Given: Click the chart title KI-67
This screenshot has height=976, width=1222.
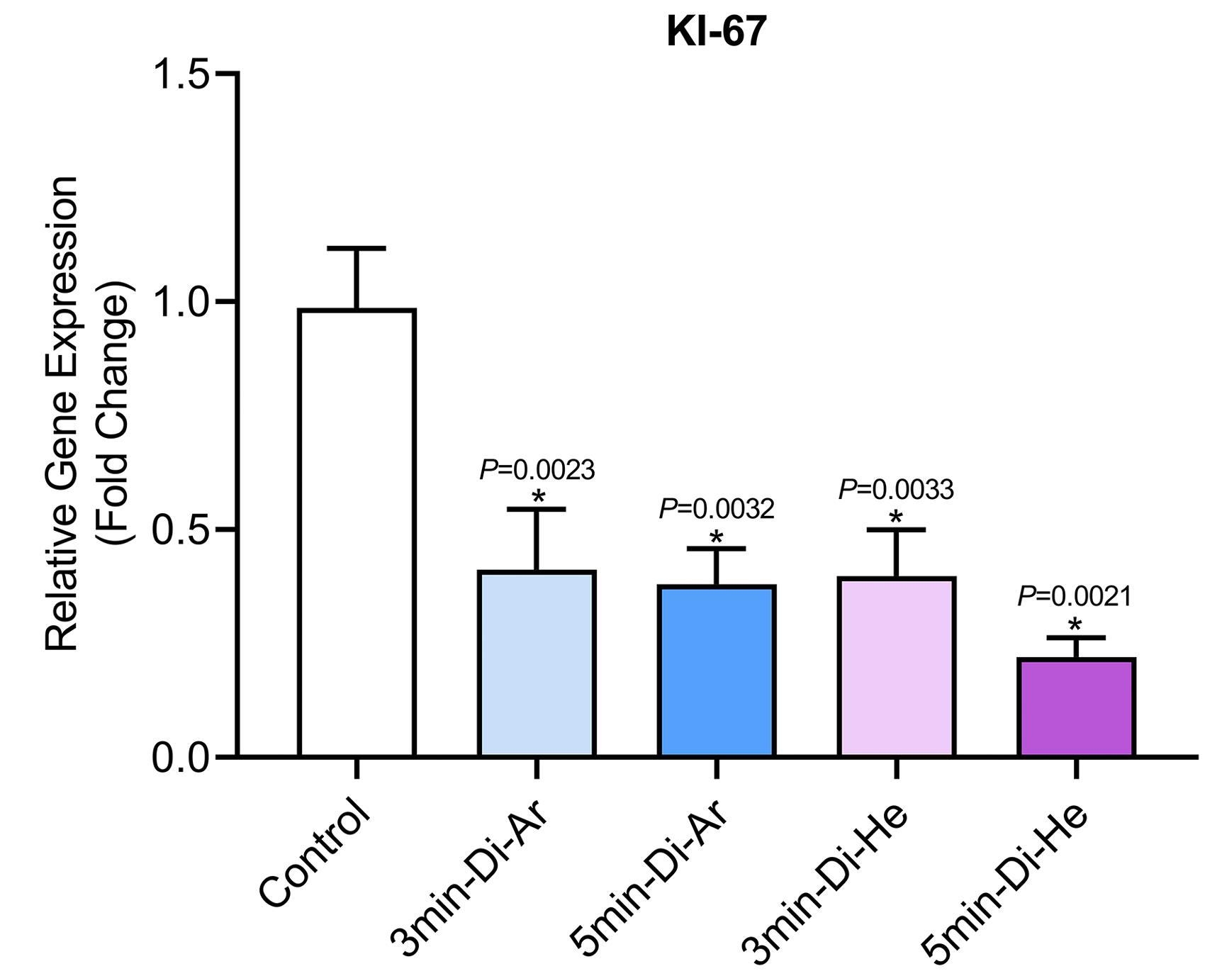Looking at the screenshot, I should click(x=716, y=31).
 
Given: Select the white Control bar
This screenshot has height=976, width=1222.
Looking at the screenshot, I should click(x=357, y=532).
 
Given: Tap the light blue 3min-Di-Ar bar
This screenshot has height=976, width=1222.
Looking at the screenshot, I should click(x=537, y=663).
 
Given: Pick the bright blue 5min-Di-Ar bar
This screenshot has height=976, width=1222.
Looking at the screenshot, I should click(x=717, y=670).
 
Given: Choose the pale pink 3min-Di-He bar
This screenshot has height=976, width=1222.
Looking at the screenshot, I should click(x=897, y=666).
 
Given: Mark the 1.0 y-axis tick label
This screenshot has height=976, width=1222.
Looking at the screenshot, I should click(x=181, y=302).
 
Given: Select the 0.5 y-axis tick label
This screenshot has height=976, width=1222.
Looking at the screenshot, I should click(x=181, y=530).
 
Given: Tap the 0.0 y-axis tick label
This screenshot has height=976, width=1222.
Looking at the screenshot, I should click(x=181, y=758).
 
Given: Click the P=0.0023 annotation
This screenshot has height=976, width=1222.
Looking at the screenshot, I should click(x=537, y=469).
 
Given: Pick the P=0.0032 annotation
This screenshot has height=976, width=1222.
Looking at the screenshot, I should click(x=717, y=508).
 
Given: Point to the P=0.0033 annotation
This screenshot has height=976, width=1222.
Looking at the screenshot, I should click(x=896, y=489).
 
